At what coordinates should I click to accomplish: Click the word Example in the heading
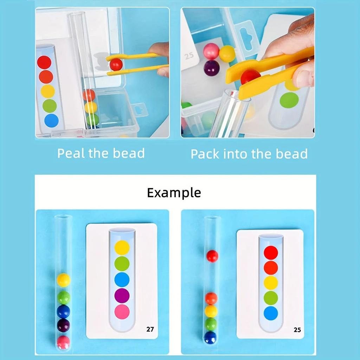[x=174, y=193]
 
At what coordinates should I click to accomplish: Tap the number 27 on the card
[x=150, y=329]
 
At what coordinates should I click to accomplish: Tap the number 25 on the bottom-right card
[x=297, y=330]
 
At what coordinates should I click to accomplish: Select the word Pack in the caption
[x=205, y=154]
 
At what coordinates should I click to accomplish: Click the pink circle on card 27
[x=122, y=312]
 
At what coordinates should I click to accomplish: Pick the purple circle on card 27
[x=122, y=296]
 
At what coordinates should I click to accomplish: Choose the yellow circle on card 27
[x=122, y=247]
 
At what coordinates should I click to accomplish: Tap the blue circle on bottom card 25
[x=271, y=313]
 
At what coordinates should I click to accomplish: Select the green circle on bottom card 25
[x=271, y=298]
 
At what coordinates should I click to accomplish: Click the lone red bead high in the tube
[x=212, y=256]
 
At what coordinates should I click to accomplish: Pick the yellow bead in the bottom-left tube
[x=63, y=280]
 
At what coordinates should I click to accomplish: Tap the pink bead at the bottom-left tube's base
[x=63, y=342]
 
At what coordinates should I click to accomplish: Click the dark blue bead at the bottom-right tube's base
[x=211, y=337]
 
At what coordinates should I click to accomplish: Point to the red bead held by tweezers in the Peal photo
[x=116, y=64]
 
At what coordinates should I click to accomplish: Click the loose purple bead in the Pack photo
[x=211, y=67]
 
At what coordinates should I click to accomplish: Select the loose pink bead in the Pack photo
[x=211, y=51]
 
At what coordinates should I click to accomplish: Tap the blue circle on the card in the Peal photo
[x=51, y=121]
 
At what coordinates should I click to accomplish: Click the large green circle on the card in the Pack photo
[x=289, y=100]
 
